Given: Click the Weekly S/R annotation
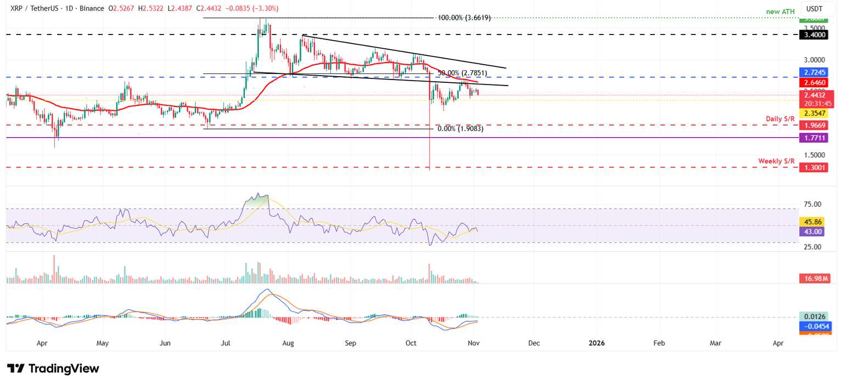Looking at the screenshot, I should click(777, 161).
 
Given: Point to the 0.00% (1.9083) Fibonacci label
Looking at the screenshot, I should click(460, 129).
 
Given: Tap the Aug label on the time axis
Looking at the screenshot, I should click(288, 343).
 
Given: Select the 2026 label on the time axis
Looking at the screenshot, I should click(596, 343).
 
